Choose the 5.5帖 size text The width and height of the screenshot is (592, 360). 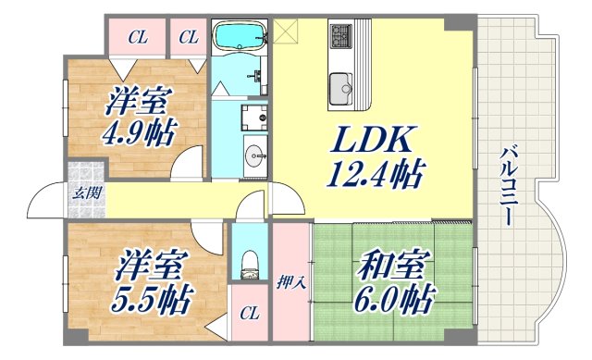(x=148, y=298)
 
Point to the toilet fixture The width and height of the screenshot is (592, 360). (x=245, y=263)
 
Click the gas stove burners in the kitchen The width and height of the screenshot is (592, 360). (x=340, y=37)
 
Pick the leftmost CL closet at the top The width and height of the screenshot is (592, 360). (x=137, y=38)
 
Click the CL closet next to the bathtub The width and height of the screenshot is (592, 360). (x=189, y=38)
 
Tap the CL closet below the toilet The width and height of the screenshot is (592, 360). (x=248, y=312)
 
